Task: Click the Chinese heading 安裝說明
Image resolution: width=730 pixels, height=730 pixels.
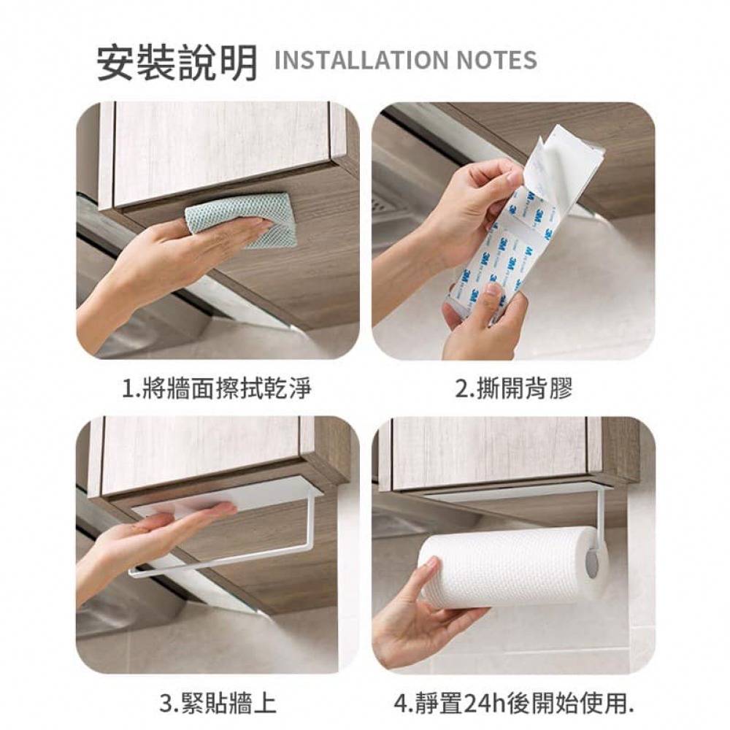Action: pos(177,62)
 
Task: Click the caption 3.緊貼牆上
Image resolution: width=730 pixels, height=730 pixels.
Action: pos(217,703)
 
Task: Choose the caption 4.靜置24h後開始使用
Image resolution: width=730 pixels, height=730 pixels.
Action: pos(514,703)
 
